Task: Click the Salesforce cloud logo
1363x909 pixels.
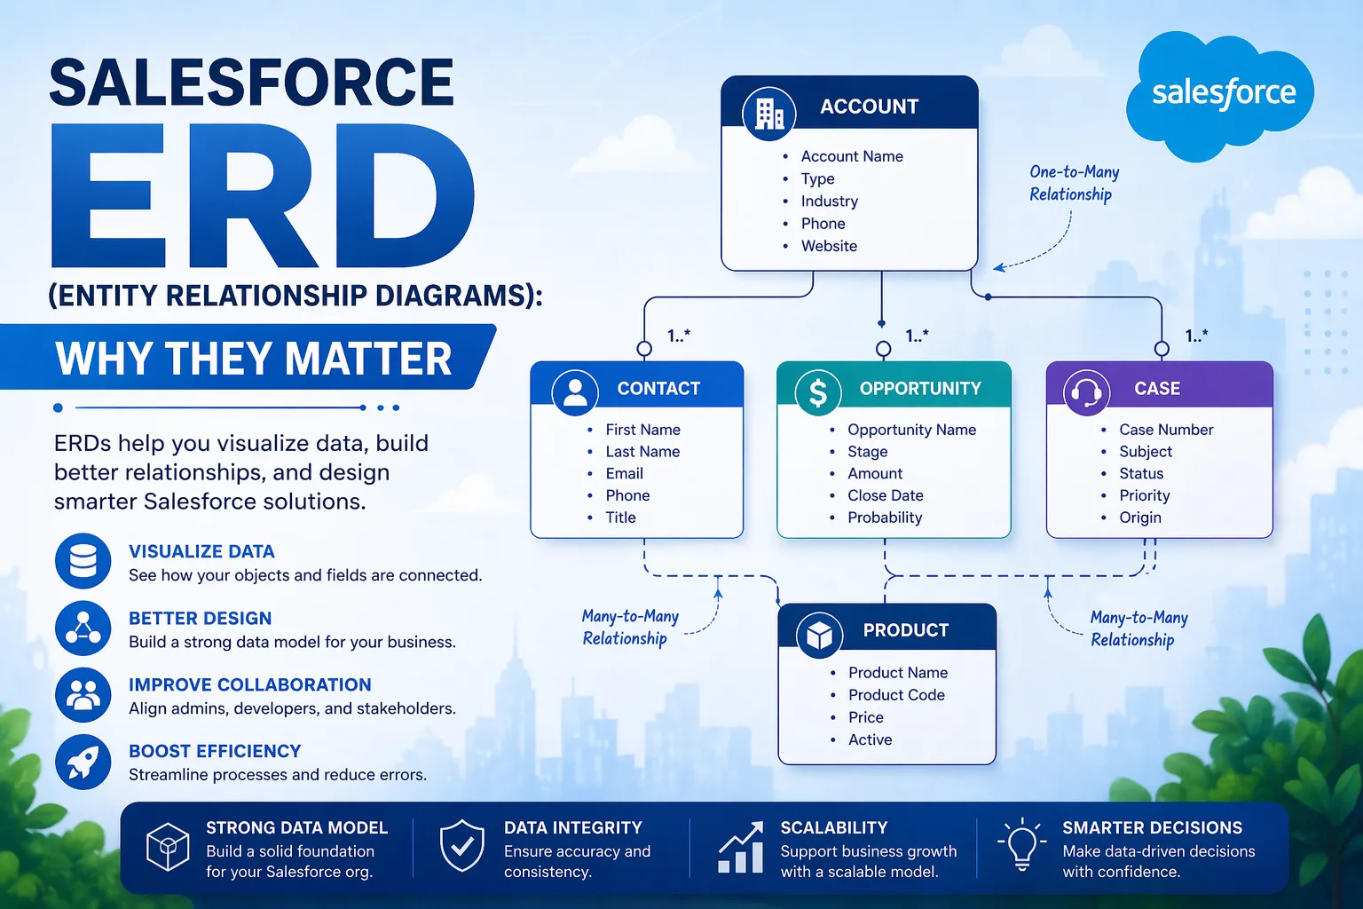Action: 1222,94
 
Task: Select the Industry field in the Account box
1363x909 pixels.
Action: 829,202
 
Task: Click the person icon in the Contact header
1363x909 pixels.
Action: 575,392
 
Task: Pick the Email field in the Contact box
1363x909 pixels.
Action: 624,474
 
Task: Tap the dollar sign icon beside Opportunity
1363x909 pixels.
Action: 818,392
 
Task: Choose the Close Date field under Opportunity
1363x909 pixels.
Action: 885,495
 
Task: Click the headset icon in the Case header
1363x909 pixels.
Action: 1086,392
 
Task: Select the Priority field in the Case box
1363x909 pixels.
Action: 1144,495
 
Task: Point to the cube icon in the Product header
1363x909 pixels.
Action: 819,634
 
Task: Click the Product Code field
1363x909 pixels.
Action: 895,695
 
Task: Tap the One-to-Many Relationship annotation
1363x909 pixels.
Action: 1073,183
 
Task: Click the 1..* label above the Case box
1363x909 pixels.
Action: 1196,336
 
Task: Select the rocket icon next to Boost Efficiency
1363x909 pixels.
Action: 83,762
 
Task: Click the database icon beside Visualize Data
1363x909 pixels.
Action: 83,561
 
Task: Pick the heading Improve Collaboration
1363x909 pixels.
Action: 249,684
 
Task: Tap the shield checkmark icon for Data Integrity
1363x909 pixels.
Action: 462,847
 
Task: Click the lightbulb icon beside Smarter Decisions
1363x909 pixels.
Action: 1020,845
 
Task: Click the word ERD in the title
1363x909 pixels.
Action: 263,197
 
